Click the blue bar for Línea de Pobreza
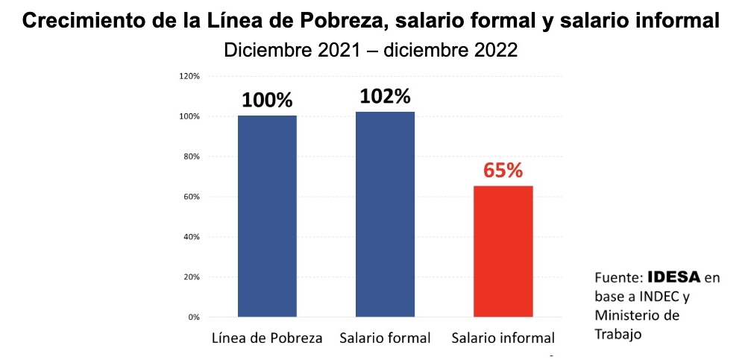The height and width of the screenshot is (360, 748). click(x=267, y=216)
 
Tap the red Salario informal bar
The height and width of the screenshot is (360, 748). click(x=503, y=251)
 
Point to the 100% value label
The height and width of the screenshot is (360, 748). click(x=266, y=101)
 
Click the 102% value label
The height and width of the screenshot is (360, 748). click(x=385, y=97)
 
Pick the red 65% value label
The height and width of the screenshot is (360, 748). click(x=503, y=171)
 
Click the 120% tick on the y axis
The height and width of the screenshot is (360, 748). click(x=189, y=76)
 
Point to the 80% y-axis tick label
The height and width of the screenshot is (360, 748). click(x=191, y=157)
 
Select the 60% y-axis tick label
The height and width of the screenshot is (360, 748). click(x=191, y=197)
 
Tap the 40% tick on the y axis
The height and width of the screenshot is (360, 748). click(x=191, y=237)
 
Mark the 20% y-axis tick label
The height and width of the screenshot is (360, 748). click(x=191, y=277)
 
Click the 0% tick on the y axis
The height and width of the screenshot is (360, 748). click(x=193, y=318)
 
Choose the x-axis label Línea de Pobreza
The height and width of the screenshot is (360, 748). click(x=267, y=338)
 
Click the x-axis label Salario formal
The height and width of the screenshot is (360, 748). click(x=385, y=338)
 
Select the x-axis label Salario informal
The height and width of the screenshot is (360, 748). click(x=503, y=338)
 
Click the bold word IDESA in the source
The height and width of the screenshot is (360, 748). click(x=674, y=277)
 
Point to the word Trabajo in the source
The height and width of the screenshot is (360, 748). click(x=617, y=334)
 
